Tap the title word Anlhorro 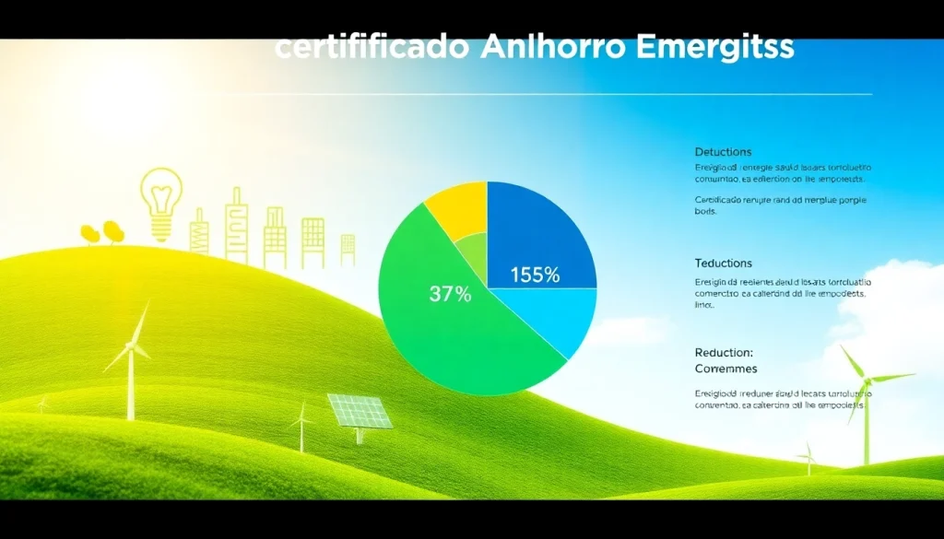click(x=549, y=49)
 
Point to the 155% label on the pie click(x=535, y=274)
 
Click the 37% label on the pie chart click(x=450, y=295)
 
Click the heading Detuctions click(x=723, y=151)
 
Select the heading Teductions click(x=724, y=264)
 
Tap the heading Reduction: click(x=724, y=353)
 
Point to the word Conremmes click(x=726, y=369)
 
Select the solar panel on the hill click(x=360, y=413)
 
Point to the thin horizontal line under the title click(x=572, y=94)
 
